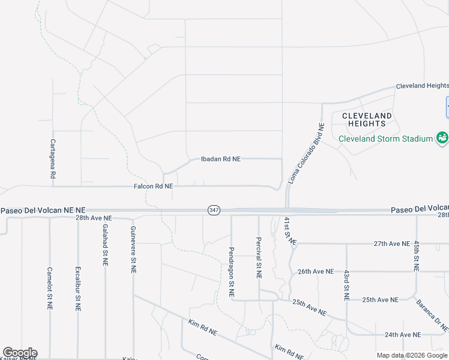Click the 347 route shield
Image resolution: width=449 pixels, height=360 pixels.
tap(214, 210)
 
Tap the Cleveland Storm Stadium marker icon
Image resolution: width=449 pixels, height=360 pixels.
tap(442, 138)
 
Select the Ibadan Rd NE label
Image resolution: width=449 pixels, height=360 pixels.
tap(221, 159)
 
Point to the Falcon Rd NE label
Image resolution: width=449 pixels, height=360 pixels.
tap(154, 187)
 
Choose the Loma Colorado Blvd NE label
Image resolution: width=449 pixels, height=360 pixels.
tap(306, 154)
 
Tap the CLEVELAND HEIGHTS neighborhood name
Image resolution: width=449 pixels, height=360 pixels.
tap(367, 119)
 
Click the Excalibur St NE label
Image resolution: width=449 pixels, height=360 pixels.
tap(77, 289)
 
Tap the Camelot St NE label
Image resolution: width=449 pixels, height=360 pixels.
tap(50, 289)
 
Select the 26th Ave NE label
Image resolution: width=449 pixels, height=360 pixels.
tap(316, 271)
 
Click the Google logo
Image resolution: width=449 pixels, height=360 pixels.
tap(20, 353)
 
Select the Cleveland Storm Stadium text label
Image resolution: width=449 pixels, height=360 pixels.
tap(385, 139)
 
